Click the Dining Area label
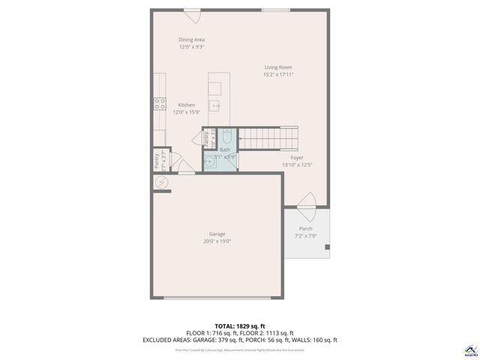point(192,40)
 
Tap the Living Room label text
point(278,67)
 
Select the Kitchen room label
point(186,105)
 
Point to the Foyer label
point(297,157)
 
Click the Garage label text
point(217,234)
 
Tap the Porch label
point(306,229)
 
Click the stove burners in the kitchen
point(160,104)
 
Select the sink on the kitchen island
point(216,106)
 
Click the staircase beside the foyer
point(268,136)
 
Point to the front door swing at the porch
point(307,200)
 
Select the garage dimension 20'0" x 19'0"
point(217,241)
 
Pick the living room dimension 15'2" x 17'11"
point(278,75)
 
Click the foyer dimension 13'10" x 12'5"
point(297,165)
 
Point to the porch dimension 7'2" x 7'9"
point(306,236)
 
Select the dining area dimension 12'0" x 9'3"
point(192,47)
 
